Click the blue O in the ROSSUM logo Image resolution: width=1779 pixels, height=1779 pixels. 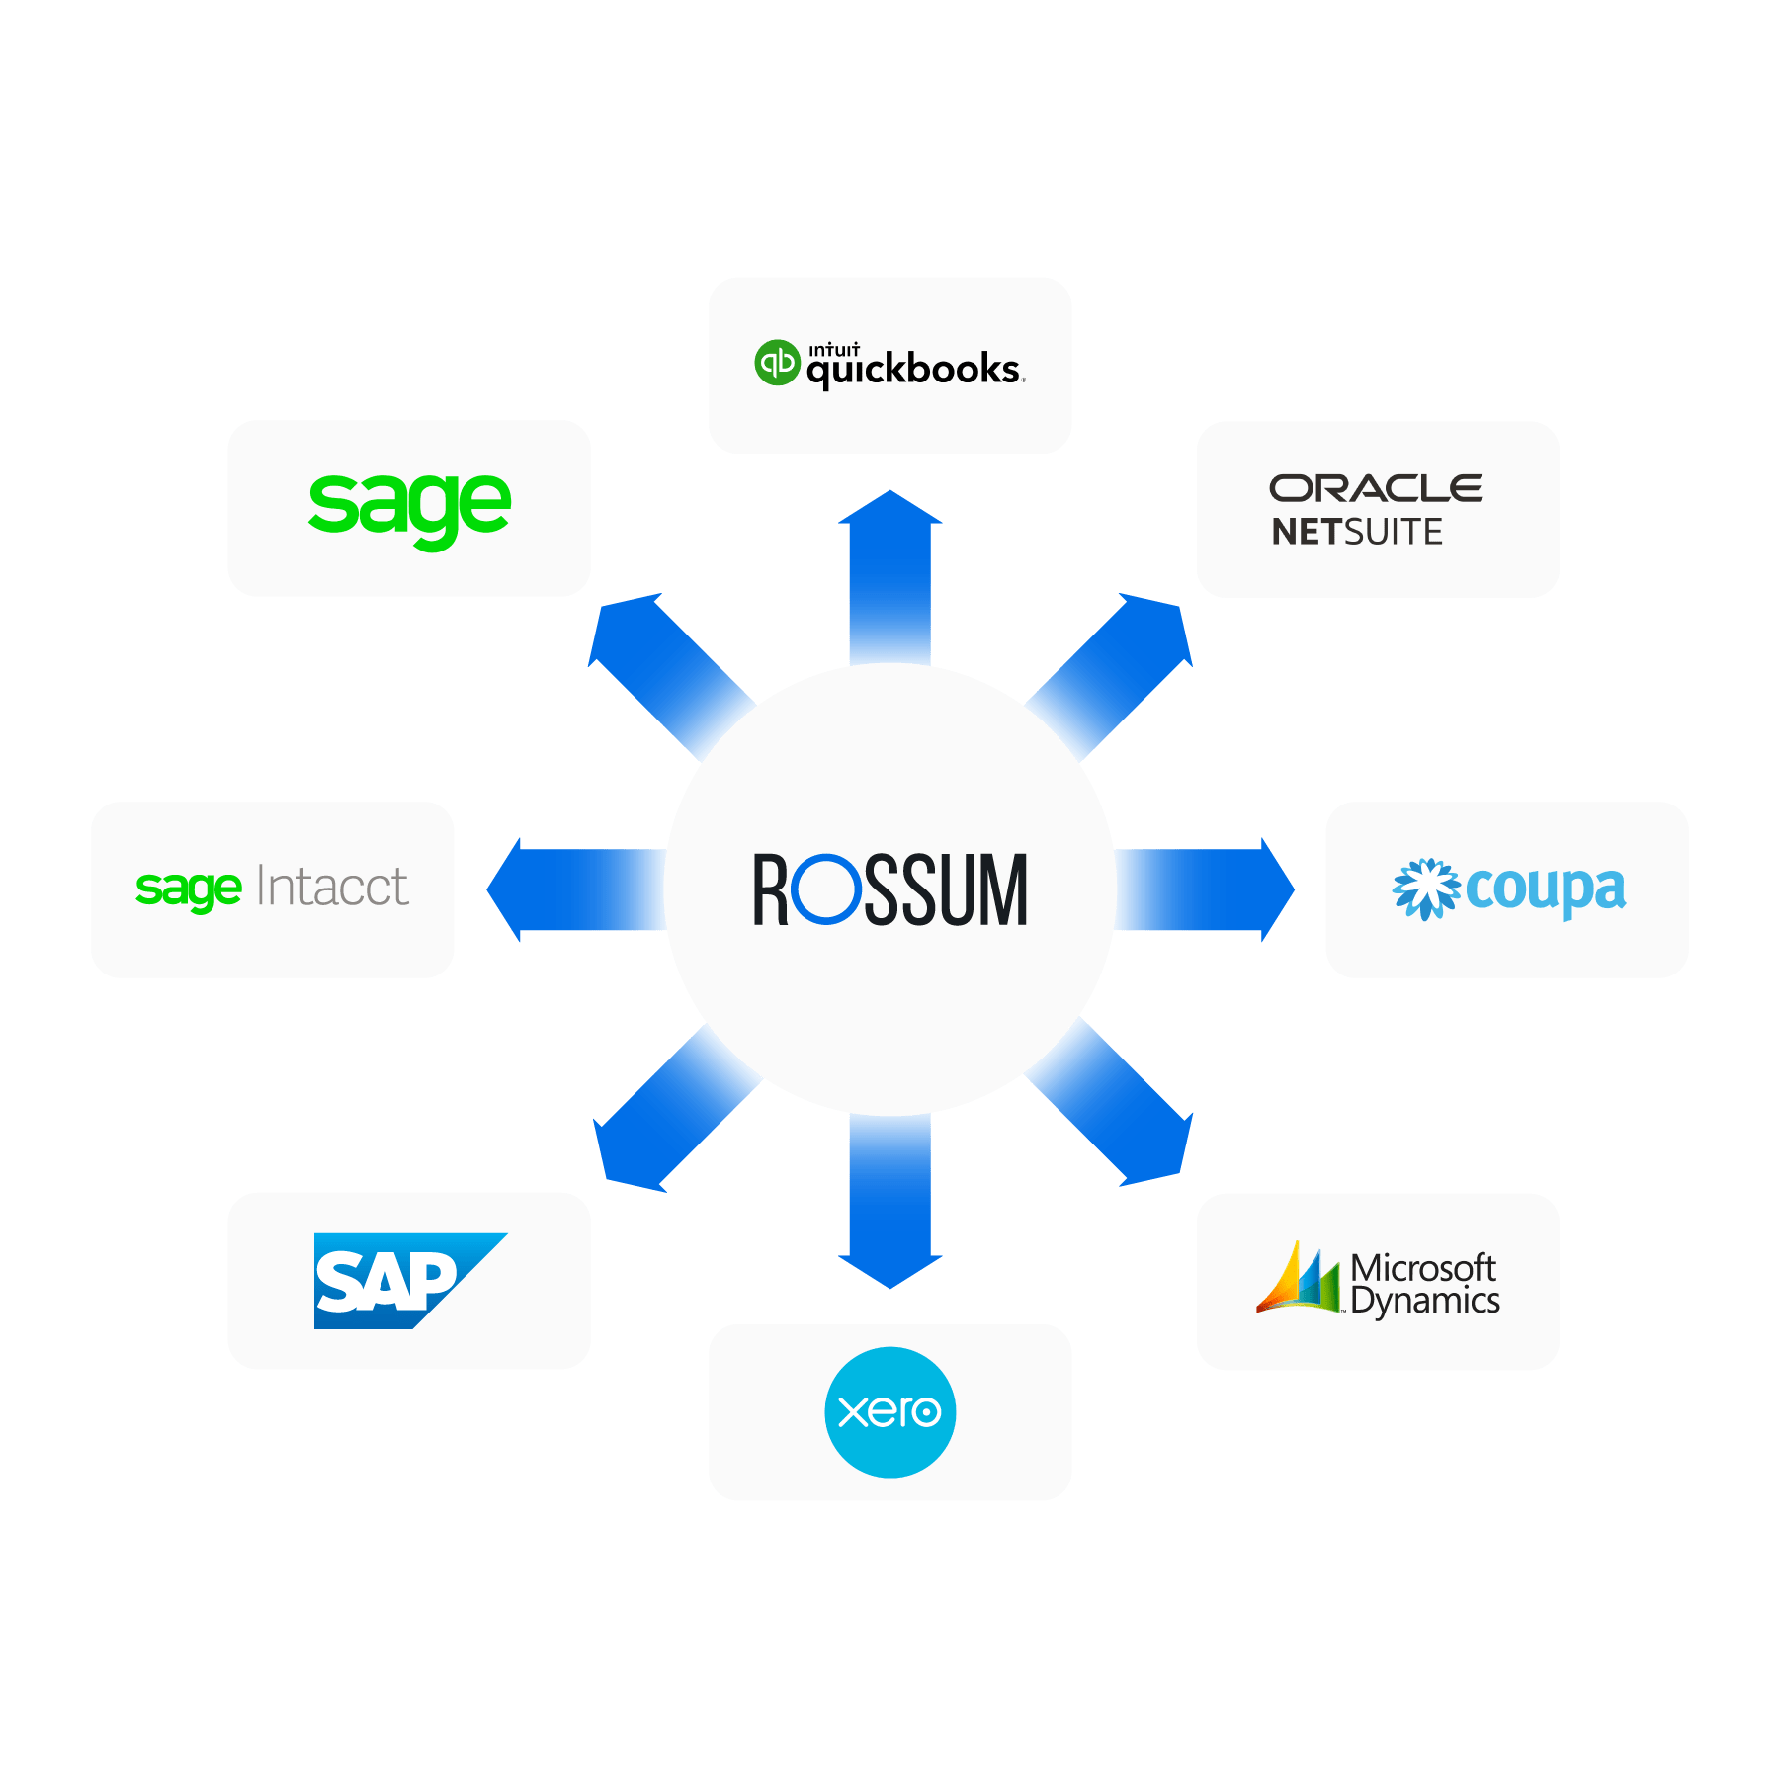click(826, 889)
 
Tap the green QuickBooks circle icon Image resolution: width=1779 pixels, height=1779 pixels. click(777, 363)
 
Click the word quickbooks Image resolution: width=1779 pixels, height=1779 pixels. click(913, 371)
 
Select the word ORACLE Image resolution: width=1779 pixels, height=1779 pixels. click(1376, 488)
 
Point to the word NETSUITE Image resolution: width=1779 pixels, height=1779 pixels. click(1356, 533)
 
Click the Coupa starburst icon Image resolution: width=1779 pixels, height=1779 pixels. click(1424, 889)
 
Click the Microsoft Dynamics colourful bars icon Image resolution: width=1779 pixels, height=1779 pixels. click(1298, 1279)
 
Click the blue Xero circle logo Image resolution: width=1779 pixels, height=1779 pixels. click(889, 1411)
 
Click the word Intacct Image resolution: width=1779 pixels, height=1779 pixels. click(332, 887)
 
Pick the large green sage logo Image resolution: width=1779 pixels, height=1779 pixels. click(409, 506)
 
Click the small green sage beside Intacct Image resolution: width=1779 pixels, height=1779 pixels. click(188, 889)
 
